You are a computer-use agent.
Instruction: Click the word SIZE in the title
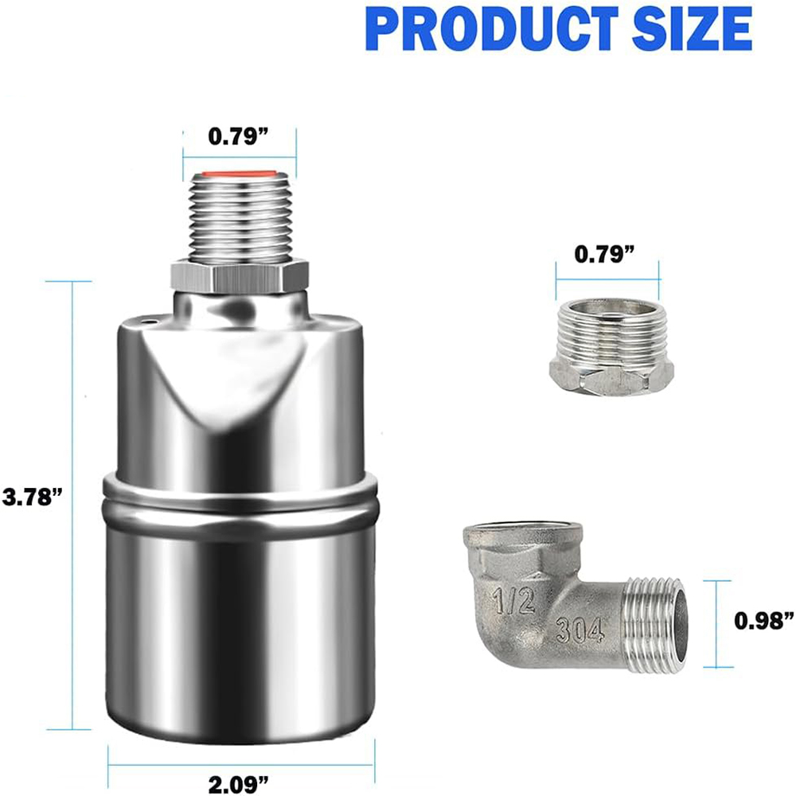[x=692, y=29]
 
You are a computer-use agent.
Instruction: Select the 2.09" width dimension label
[x=239, y=782]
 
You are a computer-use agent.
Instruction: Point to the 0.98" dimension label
[x=764, y=619]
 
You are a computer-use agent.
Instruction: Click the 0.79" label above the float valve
[x=239, y=136]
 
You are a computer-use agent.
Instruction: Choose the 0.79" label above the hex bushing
[x=605, y=254]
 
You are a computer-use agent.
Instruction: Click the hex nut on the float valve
[x=240, y=275]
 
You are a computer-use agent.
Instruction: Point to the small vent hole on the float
[x=150, y=321]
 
